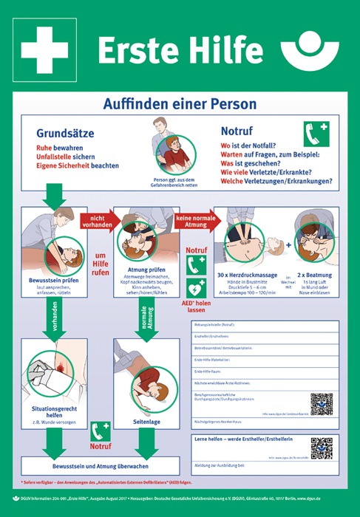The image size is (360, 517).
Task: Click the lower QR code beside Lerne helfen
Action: point(322,448)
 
